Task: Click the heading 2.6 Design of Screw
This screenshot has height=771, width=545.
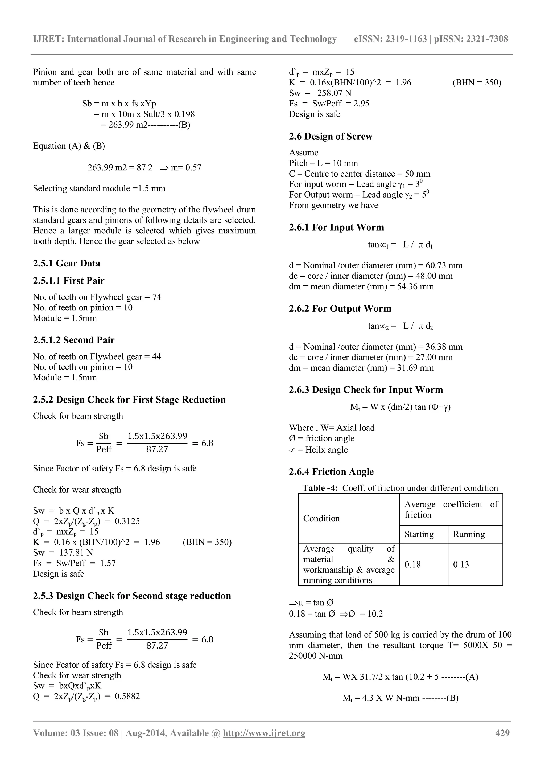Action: (x=330, y=136)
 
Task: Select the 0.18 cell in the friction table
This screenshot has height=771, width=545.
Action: (x=412, y=564)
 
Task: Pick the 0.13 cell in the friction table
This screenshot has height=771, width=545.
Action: (x=461, y=564)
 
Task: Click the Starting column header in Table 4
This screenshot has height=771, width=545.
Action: (x=419, y=534)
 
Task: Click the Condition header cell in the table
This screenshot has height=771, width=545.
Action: (x=321, y=518)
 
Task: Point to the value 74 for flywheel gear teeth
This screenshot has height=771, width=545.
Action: (x=156, y=297)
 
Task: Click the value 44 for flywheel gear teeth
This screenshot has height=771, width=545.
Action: (x=156, y=357)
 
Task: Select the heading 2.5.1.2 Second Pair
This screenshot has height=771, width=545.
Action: (x=73, y=340)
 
